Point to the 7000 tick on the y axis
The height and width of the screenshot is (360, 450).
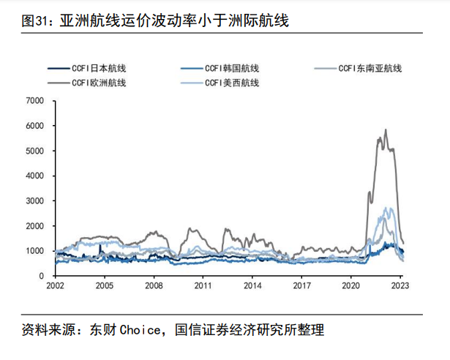click(35, 101)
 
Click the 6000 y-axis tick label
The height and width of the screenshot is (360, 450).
click(35, 126)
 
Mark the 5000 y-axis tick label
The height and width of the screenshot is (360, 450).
click(35, 151)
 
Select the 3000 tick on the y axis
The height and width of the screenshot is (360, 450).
click(35, 200)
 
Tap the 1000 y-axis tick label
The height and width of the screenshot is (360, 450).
click(35, 250)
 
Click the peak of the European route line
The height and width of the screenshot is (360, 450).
click(386, 130)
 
